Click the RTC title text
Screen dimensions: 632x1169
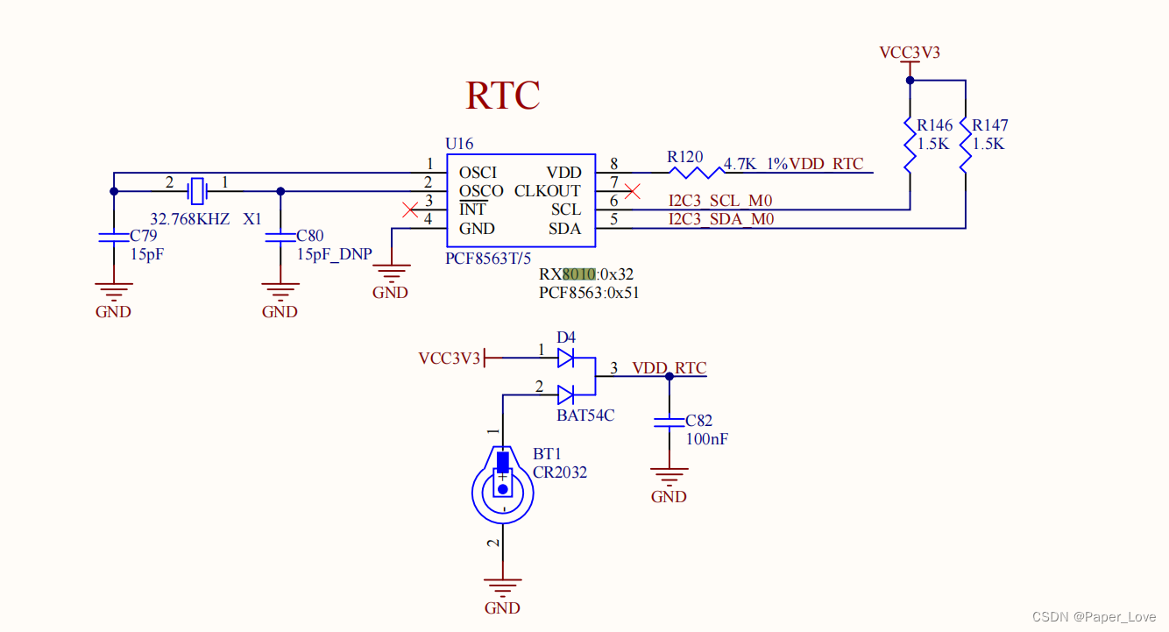click(x=502, y=96)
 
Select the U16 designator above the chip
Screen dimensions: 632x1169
click(x=459, y=143)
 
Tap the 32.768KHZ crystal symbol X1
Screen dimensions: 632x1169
click(x=198, y=188)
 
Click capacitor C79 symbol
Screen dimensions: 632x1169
click(x=113, y=237)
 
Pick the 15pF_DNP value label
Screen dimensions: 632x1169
click(x=334, y=254)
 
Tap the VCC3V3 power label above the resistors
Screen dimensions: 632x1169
click(x=910, y=53)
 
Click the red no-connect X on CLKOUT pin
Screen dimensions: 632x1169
click(x=631, y=191)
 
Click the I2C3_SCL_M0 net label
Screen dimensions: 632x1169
click(x=720, y=202)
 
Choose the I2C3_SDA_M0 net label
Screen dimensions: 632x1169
click(x=720, y=220)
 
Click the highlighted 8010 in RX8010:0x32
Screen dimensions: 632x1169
click(x=579, y=274)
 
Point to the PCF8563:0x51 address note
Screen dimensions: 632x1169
click(x=589, y=293)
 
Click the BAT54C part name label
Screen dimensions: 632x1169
click(x=585, y=415)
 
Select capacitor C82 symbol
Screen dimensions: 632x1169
click(x=669, y=423)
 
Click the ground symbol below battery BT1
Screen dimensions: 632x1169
click(x=502, y=589)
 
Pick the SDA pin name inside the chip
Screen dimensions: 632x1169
click(x=564, y=229)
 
